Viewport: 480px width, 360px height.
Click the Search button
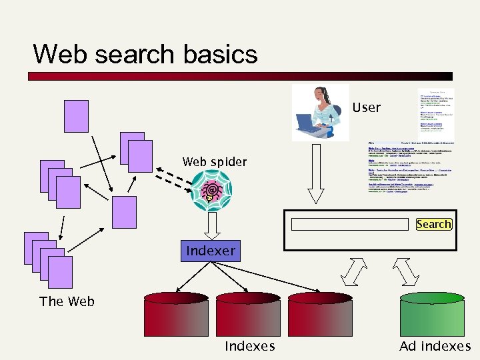pyautogui.click(x=433, y=224)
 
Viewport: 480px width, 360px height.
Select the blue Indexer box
pyautogui.click(x=211, y=251)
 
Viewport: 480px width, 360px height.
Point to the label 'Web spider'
pyautogui.click(x=214, y=162)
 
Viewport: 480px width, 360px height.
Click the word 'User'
pyautogui.click(x=366, y=107)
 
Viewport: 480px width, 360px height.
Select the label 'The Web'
pyautogui.click(x=67, y=301)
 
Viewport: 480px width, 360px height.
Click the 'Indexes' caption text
pyautogui.click(x=249, y=346)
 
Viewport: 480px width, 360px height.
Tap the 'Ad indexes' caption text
pyautogui.click(x=435, y=346)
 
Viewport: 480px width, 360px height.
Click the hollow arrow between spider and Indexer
pyautogui.click(x=212, y=227)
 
